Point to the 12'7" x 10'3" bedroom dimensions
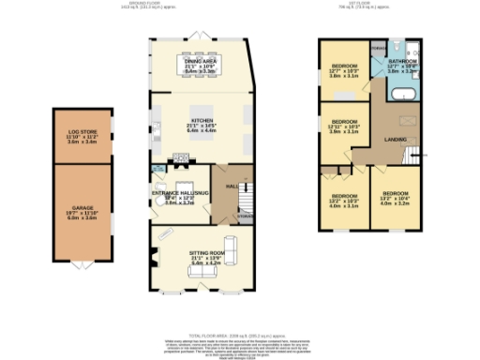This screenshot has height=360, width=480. [343, 72]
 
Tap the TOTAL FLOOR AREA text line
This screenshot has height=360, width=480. [239, 334]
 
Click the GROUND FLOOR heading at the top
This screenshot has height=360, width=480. [201, 5]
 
